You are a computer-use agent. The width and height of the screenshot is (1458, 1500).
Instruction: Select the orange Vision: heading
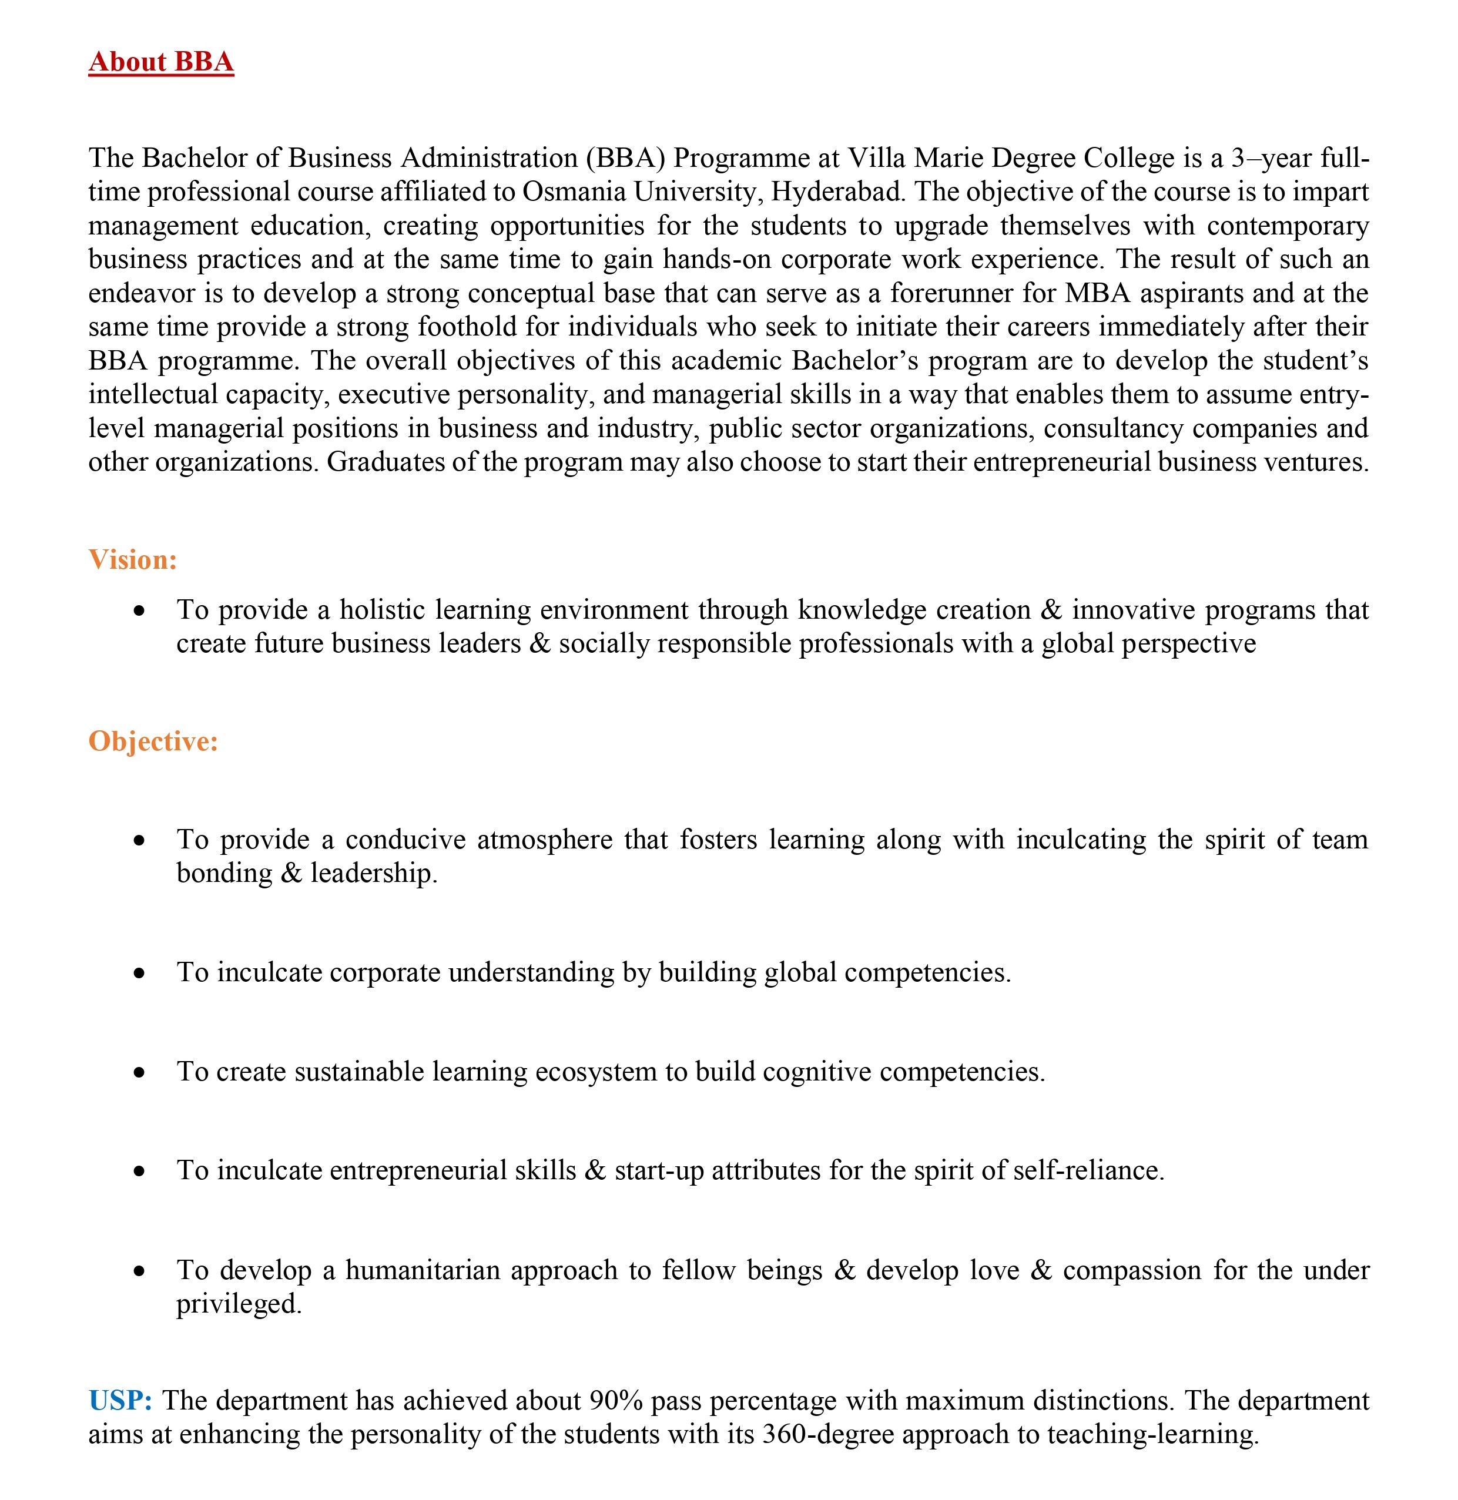[132, 560]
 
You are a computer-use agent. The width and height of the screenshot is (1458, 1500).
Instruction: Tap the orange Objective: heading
[153, 741]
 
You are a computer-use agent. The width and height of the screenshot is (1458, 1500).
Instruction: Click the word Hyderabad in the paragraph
[837, 192]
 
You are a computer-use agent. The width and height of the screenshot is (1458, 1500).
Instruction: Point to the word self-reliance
[1088, 1171]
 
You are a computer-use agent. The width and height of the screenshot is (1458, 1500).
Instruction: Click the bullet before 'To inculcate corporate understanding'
[139, 973]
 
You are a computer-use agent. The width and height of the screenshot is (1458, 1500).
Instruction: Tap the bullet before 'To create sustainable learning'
[139, 1073]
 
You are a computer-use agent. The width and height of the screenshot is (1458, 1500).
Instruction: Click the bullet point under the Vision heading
[139, 611]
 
